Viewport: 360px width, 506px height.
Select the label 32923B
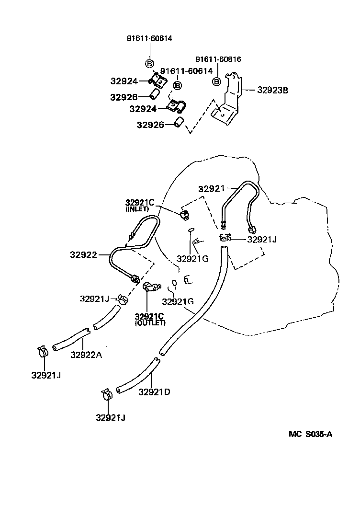(272, 89)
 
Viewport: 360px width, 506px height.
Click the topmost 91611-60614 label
(149, 39)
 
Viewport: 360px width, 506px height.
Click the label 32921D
(155, 391)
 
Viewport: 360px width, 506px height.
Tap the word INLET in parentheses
(137, 209)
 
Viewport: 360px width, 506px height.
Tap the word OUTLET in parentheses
(150, 323)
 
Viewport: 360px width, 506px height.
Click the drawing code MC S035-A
(310, 434)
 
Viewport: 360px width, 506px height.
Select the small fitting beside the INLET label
(184, 214)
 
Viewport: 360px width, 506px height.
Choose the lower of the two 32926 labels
(150, 125)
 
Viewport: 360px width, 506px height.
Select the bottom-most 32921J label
(110, 417)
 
